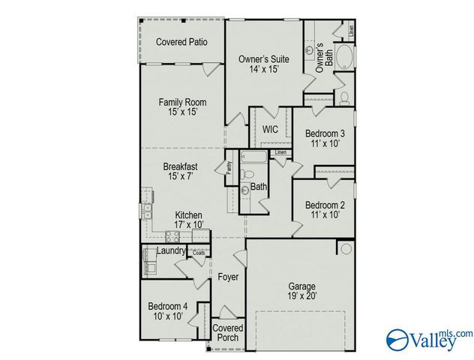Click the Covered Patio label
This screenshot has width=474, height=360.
tap(181, 42)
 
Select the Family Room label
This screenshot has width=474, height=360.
tap(182, 102)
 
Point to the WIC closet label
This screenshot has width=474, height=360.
tap(270, 129)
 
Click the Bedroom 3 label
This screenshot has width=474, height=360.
tap(325, 134)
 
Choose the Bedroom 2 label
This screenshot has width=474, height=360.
tap(325, 205)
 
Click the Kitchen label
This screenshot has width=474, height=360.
tap(188, 215)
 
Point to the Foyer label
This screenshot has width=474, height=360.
tap(228, 277)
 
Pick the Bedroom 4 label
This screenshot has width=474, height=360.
tap(167, 306)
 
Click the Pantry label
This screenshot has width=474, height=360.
tap(229, 170)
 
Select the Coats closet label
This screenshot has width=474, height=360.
tap(198, 253)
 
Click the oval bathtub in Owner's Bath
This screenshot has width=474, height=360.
tap(343, 58)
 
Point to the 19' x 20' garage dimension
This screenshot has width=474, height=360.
tap(303, 296)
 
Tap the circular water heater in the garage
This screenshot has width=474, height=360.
tap(345, 248)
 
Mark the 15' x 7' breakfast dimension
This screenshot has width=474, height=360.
tap(181, 176)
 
